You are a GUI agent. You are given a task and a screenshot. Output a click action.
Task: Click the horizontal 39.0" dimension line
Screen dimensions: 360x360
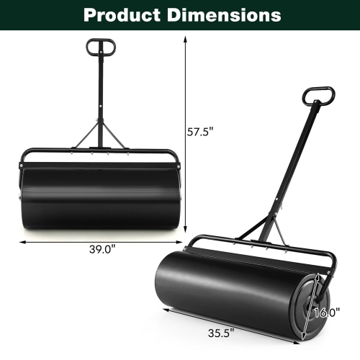[x=58, y=241]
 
